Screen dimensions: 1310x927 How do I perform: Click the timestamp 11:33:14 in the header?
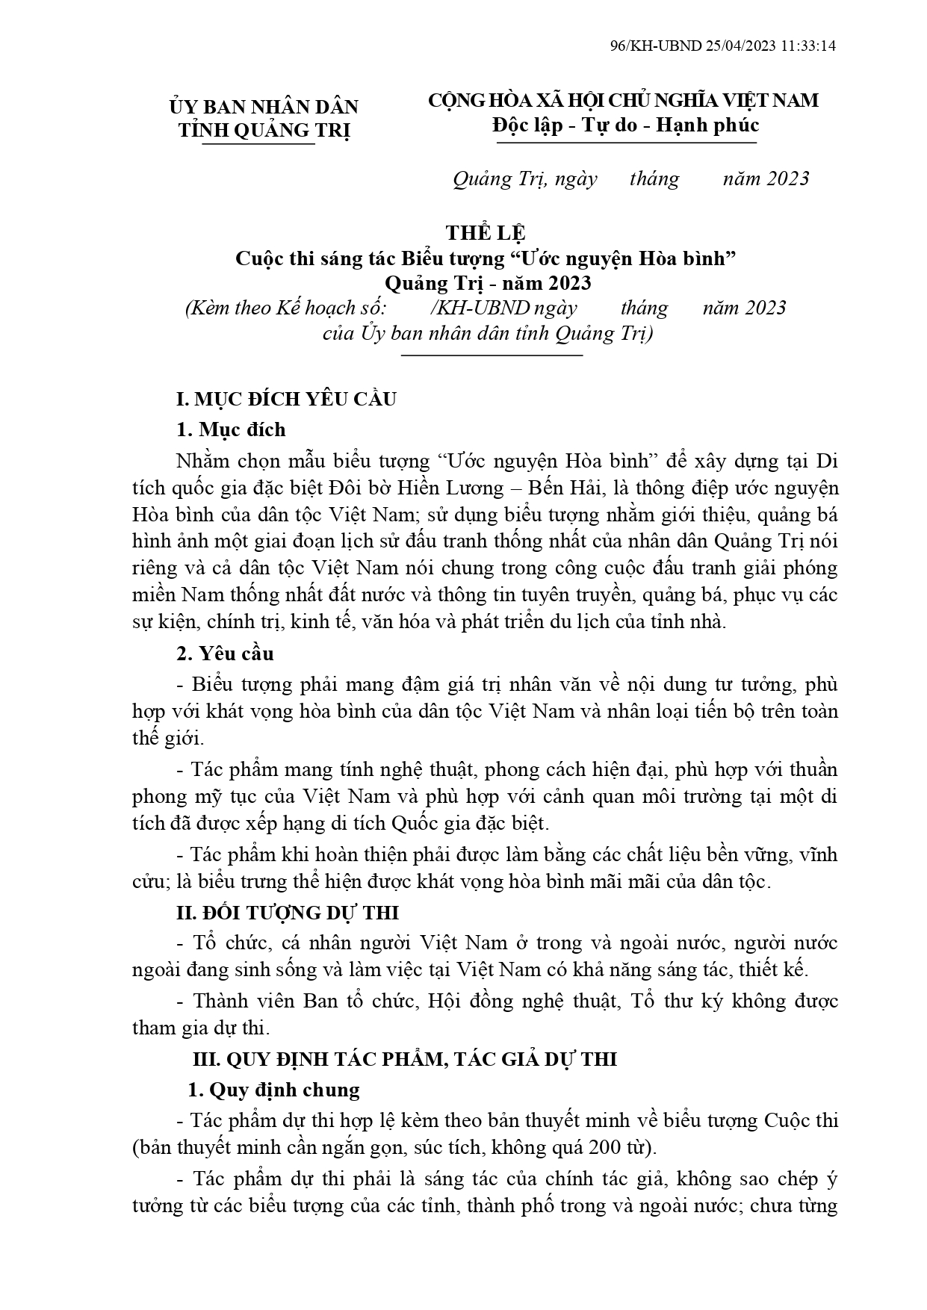808,46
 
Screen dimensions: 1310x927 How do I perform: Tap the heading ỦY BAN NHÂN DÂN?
264,107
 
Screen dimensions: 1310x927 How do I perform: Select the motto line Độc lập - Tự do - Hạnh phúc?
625,124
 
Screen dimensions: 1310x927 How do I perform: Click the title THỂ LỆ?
486,233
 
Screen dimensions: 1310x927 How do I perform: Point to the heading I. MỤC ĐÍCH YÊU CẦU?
286,399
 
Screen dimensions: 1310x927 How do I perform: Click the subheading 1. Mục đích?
232,429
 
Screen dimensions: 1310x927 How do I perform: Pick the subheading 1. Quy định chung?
273,1090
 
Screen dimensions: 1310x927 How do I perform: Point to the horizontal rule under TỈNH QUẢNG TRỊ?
258,144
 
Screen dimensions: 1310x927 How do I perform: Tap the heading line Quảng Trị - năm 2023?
488,283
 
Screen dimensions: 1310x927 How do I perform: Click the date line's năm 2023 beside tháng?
766,179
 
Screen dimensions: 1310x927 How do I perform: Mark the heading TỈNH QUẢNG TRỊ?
264,130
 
